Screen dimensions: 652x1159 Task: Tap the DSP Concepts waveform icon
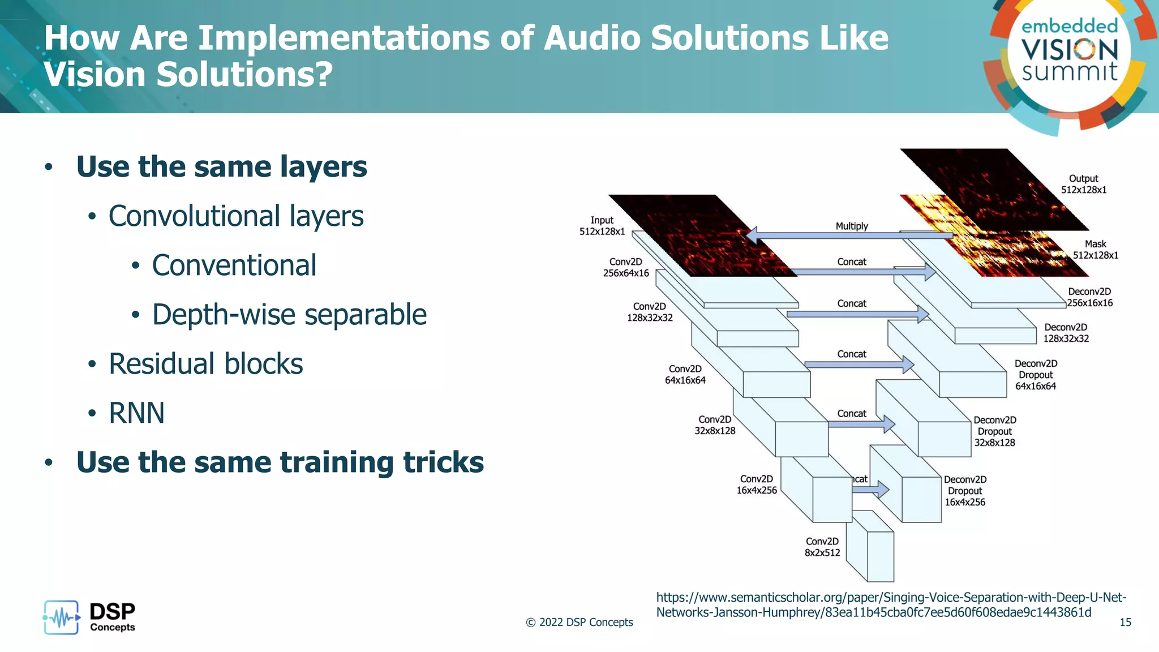(61, 617)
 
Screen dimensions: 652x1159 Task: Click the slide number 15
(1125, 623)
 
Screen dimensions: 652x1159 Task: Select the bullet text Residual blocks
(205, 364)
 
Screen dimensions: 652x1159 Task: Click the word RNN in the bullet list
(136, 413)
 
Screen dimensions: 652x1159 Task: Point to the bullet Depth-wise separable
(289, 315)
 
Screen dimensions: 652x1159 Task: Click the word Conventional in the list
(234, 265)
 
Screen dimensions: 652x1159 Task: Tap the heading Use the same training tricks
(280, 462)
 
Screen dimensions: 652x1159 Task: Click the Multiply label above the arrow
(851, 226)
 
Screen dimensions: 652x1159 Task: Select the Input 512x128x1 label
(602, 226)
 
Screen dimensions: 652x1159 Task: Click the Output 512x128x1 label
(1083, 184)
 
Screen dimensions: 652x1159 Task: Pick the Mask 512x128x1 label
(1095, 250)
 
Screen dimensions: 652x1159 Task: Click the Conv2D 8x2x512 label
(822, 547)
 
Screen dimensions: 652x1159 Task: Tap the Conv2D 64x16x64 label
(685, 375)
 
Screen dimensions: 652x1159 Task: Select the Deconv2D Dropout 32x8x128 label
(994, 431)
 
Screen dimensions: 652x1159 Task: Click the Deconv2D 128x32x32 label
(1066, 333)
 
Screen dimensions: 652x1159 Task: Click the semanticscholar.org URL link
(891, 605)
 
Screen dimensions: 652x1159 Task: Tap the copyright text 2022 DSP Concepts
(579, 623)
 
